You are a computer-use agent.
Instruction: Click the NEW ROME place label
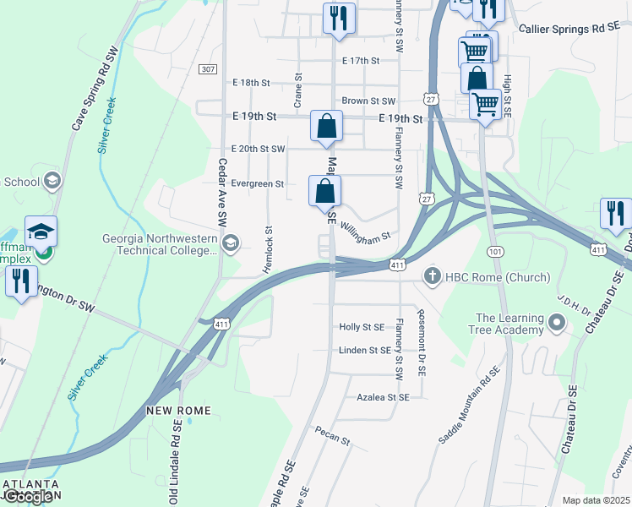coord(177,410)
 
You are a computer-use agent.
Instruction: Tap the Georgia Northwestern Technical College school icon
coord(230,244)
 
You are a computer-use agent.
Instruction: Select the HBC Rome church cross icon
coord(432,276)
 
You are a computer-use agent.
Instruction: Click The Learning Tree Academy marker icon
coord(556,323)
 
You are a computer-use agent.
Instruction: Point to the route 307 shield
coord(209,68)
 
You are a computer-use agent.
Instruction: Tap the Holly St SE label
coord(362,326)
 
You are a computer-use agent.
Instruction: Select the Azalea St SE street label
coord(383,396)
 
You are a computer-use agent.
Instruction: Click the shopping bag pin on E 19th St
coord(326,127)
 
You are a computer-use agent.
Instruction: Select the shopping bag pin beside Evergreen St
coord(324,192)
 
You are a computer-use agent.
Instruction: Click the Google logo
coord(28,497)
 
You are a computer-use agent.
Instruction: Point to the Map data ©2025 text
coord(596,500)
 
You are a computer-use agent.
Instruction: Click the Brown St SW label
coord(368,101)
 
